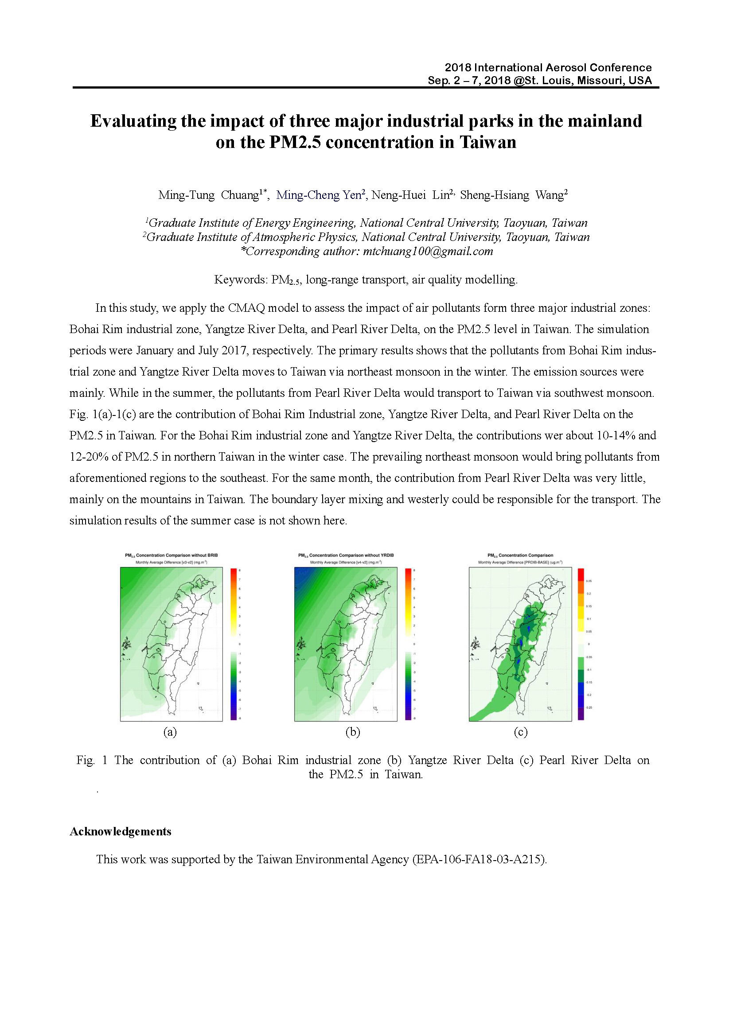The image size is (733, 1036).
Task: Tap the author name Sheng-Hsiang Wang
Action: click(x=514, y=195)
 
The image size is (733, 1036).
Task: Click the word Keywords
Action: click(x=240, y=280)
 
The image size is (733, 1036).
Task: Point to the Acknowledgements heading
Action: click(x=121, y=832)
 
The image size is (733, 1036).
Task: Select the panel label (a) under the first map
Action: click(x=170, y=731)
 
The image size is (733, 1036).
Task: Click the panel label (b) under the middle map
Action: click(x=353, y=731)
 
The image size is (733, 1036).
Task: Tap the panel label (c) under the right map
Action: click(x=520, y=731)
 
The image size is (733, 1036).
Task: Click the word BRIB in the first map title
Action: click(x=213, y=555)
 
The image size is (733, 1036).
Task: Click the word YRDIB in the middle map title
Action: click(x=387, y=555)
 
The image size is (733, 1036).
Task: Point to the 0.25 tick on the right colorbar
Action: click(x=589, y=581)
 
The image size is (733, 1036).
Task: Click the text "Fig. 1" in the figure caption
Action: click(x=92, y=761)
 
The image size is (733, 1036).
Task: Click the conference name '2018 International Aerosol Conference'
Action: click(x=548, y=68)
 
